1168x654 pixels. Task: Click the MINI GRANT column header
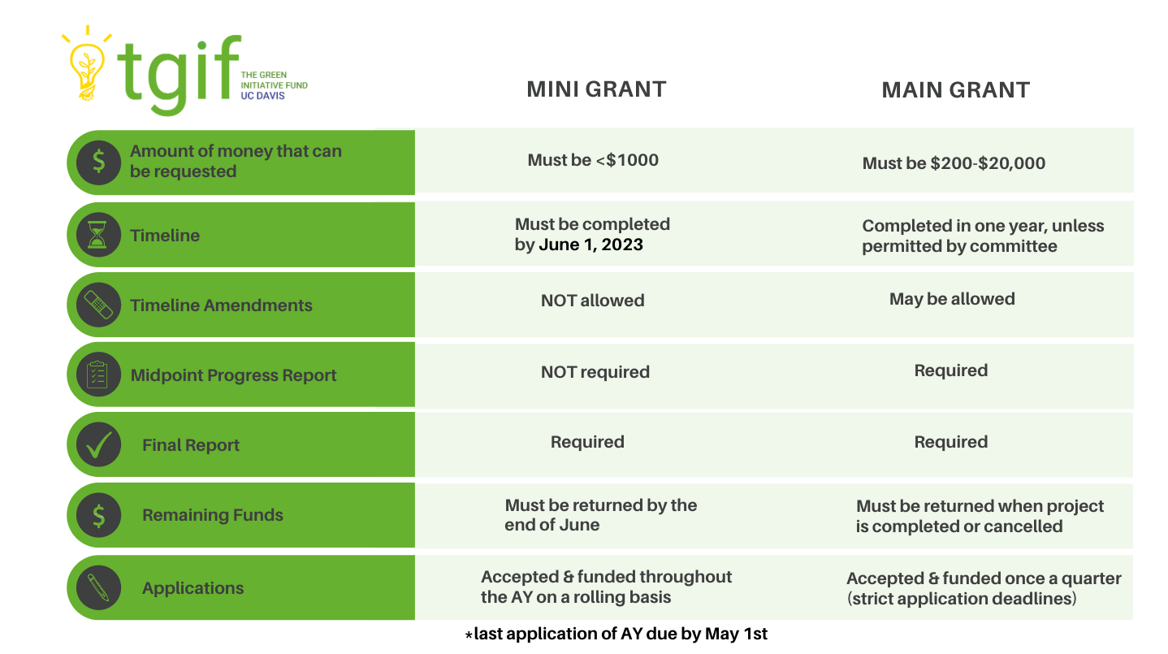coord(596,89)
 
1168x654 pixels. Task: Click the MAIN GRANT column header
coord(956,89)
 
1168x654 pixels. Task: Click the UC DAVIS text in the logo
coord(263,96)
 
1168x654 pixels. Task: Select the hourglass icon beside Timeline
coord(98,235)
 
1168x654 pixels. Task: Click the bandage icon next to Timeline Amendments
coord(98,305)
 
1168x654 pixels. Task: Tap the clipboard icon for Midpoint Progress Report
coord(98,375)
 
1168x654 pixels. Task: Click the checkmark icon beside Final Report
coord(98,444)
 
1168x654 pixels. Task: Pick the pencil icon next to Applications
coord(98,587)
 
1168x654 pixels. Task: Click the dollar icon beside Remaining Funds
coord(98,515)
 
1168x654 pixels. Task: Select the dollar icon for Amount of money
coord(98,162)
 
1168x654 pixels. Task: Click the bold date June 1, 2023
coord(590,245)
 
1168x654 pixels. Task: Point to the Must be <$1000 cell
coord(593,160)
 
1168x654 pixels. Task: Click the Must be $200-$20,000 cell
coord(954,163)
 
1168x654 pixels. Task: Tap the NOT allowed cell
coord(592,301)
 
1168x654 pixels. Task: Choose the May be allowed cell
coord(952,299)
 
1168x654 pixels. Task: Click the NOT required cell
coord(595,372)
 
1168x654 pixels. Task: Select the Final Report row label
coord(191,445)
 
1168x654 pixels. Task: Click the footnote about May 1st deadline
coord(616,634)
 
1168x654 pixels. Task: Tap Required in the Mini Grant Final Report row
coord(587,442)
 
